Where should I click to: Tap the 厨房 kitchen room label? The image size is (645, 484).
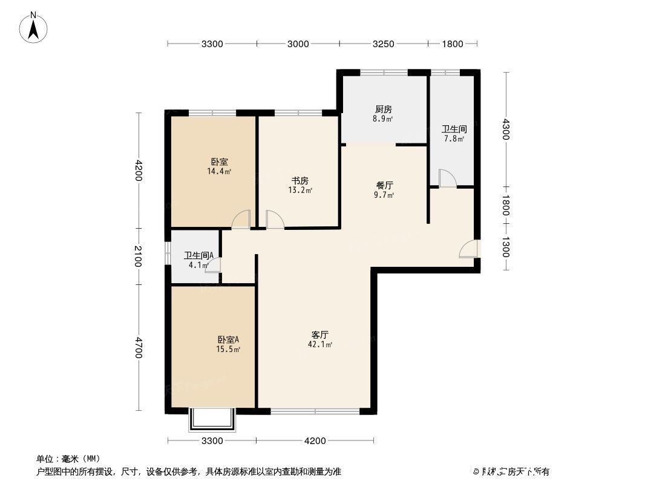click(383, 110)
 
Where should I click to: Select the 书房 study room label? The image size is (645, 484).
click(300, 181)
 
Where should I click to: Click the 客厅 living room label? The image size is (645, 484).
click(319, 335)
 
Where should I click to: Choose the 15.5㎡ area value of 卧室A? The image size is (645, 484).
click(228, 349)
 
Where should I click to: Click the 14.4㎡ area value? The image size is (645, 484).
click(219, 171)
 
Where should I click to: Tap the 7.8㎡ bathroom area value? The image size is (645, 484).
click(453, 139)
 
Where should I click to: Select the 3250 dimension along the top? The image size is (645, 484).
click(384, 44)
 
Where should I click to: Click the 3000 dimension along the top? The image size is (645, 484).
click(298, 44)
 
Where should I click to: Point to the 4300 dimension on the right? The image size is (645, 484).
click(506, 129)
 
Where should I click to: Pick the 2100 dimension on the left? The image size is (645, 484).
click(139, 256)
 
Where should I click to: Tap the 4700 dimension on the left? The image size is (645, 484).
click(139, 348)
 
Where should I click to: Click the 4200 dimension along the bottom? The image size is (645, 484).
click(315, 440)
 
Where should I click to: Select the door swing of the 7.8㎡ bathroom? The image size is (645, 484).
click(447, 178)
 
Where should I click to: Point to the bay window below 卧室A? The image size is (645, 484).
click(211, 420)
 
